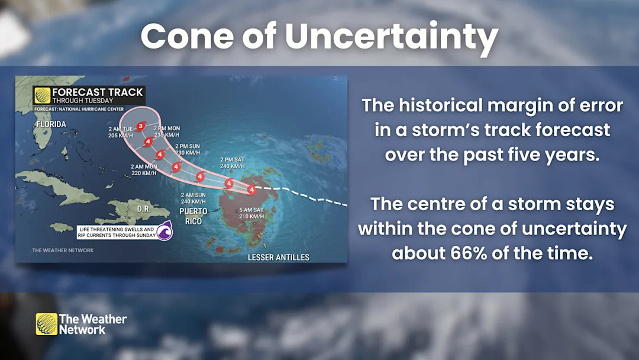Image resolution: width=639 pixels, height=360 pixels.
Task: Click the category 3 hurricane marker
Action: [x=141, y=126]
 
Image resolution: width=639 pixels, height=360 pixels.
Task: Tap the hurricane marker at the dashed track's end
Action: [x=251, y=189]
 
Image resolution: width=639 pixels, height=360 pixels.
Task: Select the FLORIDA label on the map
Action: [x=51, y=124]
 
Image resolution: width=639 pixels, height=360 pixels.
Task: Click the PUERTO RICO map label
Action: [x=193, y=216]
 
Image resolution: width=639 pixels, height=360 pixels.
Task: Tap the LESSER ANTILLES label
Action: [x=278, y=258]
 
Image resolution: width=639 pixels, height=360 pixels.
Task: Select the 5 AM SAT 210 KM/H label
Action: [x=251, y=213]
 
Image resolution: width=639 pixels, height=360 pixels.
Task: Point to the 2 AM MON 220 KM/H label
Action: [x=143, y=170]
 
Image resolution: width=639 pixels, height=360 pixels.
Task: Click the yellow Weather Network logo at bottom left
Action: [x=46, y=324]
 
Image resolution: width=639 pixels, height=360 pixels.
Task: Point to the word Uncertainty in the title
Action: [x=391, y=37]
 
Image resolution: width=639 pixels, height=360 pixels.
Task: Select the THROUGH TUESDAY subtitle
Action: [x=83, y=101]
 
